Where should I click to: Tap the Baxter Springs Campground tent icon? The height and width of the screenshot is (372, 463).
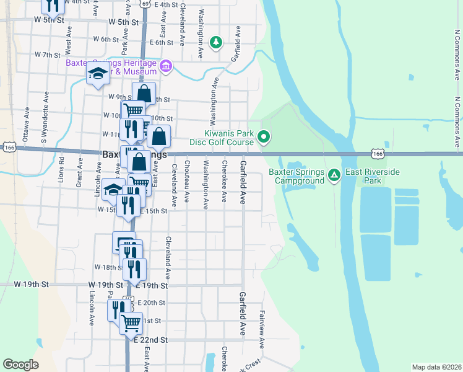334,176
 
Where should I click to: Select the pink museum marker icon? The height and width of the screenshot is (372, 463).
165,66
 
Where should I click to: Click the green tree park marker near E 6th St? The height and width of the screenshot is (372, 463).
215,43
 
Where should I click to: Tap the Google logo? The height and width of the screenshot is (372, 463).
21,365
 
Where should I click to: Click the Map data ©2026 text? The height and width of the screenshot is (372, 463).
436,367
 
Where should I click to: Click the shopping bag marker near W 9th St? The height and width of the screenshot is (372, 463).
144,94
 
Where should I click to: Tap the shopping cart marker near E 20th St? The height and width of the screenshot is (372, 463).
130,322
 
